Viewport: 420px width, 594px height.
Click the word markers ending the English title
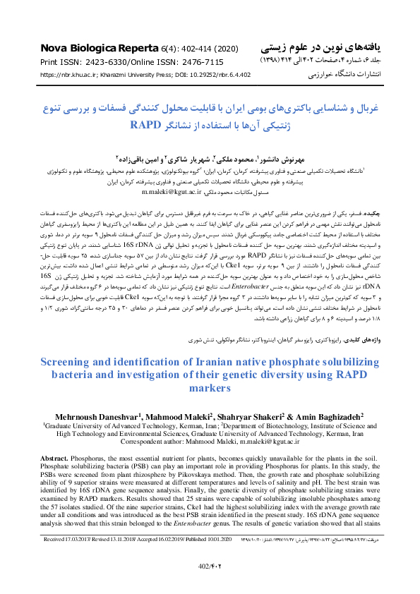point(210,388)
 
